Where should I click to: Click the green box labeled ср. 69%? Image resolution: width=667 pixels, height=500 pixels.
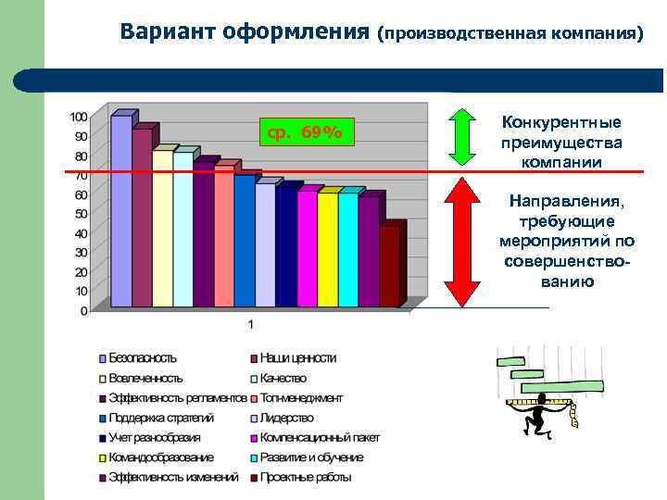tap(305, 133)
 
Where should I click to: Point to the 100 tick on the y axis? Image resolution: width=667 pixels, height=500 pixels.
tap(78, 117)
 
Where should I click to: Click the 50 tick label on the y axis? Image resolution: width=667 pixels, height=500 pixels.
tap(80, 214)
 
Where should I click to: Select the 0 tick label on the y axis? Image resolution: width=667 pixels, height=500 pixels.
tap(83, 311)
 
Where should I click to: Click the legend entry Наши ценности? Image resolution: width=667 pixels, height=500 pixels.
tap(297, 357)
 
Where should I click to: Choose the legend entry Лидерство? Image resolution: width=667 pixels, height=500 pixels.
tap(286, 418)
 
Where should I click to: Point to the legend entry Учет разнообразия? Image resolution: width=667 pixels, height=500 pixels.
tap(154, 438)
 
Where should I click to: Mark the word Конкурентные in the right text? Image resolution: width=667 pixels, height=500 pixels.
tap(561, 122)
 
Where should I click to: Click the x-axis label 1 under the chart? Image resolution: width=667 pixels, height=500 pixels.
tap(249, 324)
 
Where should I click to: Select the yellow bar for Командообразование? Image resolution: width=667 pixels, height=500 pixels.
tap(327, 249)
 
